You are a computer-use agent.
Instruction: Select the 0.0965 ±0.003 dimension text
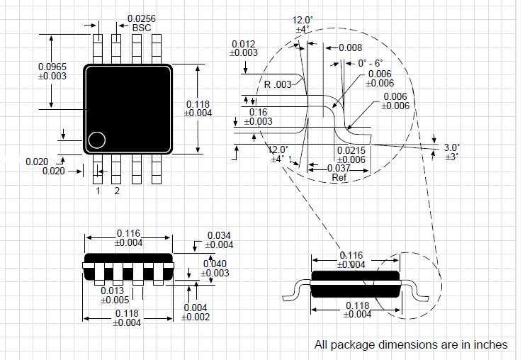coord(53,71)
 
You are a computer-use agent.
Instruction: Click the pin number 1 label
coord(98,191)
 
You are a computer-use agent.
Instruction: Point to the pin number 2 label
coord(117,191)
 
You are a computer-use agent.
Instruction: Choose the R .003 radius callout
coord(277,84)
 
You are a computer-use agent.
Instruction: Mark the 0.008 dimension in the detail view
coord(350,47)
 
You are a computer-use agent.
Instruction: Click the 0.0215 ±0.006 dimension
coord(351,155)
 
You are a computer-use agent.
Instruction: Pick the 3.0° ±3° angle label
coord(451,152)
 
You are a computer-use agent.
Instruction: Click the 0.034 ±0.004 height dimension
coord(220,240)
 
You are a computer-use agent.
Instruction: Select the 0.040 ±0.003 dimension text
coord(217,268)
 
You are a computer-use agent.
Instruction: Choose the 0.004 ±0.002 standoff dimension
coord(196,313)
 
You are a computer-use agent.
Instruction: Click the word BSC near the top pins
coord(142,27)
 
